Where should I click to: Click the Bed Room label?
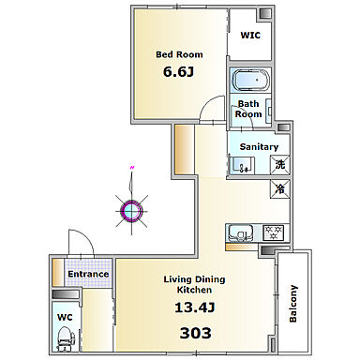(179, 54)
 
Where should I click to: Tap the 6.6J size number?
(178, 71)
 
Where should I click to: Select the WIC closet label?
(250, 35)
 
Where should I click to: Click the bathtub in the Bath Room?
(251, 81)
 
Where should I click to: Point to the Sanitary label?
(259, 146)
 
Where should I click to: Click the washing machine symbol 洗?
(279, 164)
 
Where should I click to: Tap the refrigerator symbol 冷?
(279, 188)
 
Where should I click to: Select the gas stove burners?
(274, 232)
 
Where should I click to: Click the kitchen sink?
(241, 232)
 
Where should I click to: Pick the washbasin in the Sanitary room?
(242, 165)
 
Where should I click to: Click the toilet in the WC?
(65, 338)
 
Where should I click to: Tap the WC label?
(65, 318)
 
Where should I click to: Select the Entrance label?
(88, 274)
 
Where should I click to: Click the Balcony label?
(293, 303)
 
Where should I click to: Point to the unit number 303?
(195, 333)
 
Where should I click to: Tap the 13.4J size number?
(194, 307)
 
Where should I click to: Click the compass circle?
(131, 211)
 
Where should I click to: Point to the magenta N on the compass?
(132, 168)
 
